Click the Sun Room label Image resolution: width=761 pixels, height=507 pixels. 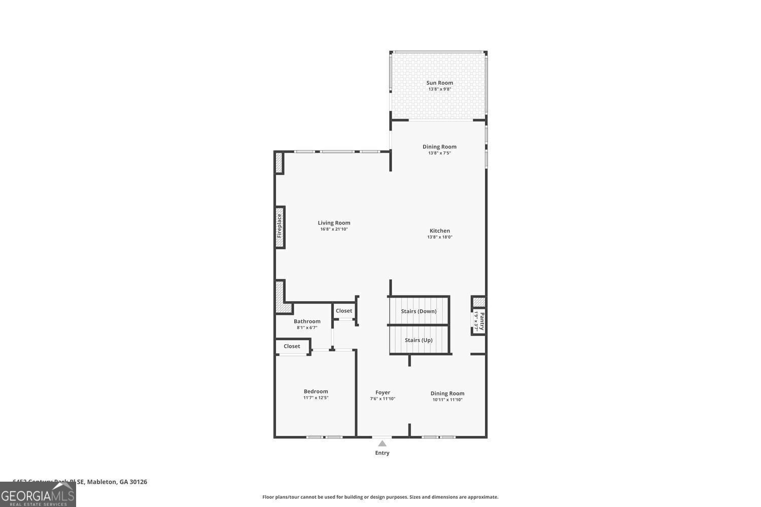pyautogui.click(x=439, y=83)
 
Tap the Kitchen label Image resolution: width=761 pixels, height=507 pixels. pyautogui.click(x=439, y=231)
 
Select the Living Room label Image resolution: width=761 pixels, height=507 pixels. pyautogui.click(x=334, y=223)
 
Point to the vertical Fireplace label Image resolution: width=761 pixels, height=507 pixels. pyautogui.click(x=279, y=226)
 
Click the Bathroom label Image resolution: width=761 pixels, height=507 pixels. pyautogui.click(x=307, y=321)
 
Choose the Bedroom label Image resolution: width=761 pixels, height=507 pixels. pyautogui.click(x=316, y=391)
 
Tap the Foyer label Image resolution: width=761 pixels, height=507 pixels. pyautogui.click(x=383, y=392)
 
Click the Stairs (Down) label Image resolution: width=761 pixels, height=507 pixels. pyautogui.click(x=419, y=311)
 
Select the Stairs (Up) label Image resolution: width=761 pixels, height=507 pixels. pyautogui.click(x=419, y=340)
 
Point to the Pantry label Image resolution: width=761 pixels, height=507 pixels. pyautogui.click(x=482, y=321)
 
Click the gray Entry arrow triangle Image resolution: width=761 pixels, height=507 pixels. pyautogui.click(x=382, y=444)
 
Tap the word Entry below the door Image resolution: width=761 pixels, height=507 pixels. pyautogui.click(x=382, y=453)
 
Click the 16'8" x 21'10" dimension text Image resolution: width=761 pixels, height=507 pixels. pyautogui.click(x=334, y=229)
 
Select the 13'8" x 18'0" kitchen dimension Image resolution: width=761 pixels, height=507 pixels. pyautogui.click(x=439, y=237)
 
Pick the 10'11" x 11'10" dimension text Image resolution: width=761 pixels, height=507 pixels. pyautogui.click(x=447, y=400)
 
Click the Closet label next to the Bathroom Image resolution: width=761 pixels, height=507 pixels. pyautogui.click(x=343, y=311)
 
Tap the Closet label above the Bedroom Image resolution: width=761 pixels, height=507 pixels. pyautogui.click(x=292, y=346)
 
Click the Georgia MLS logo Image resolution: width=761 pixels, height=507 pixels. pyautogui.click(x=38, y=494)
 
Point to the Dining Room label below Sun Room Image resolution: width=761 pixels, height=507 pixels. pyautogui.click(x=439, y=147)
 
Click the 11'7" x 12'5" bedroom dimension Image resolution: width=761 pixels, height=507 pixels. pyautogui.click(x=316, y=397)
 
